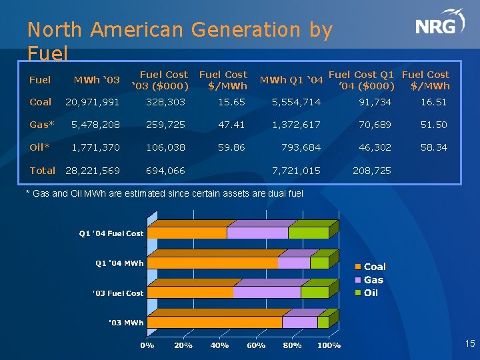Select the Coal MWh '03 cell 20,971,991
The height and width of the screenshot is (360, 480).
92,102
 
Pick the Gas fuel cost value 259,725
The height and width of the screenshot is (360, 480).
166,125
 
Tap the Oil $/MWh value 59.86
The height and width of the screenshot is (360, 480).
231,147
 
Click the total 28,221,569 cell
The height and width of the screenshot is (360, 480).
92,171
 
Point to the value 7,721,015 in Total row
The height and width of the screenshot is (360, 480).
296,171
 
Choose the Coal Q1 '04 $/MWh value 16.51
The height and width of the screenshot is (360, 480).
433,102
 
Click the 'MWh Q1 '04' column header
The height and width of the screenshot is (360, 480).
291,80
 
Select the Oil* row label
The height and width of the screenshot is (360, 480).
40,147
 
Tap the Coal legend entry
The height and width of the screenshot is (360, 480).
374,267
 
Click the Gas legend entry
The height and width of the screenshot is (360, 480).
373,280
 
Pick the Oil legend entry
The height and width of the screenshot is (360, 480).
370,293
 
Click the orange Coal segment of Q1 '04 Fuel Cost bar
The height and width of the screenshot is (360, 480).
187,233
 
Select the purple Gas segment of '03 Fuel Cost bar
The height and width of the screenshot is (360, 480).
267,292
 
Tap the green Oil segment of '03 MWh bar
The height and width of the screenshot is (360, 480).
323,322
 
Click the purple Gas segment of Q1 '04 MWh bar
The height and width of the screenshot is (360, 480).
293,263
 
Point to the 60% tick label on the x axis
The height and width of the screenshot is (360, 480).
256,345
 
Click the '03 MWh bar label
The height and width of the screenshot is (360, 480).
126,323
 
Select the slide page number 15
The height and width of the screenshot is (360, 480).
469,344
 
